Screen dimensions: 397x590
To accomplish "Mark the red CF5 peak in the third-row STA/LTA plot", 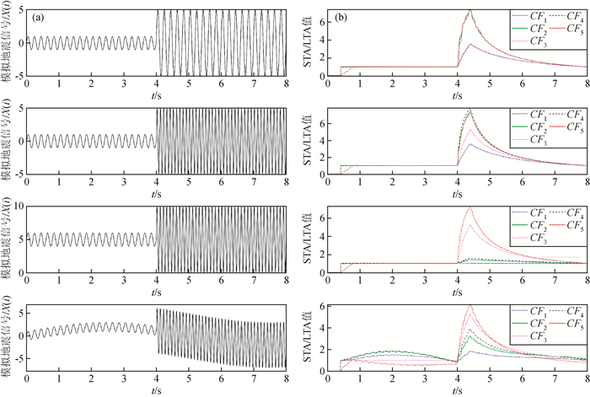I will (x=469, y=207).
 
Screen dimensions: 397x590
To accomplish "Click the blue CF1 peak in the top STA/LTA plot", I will (x=469, y=45).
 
